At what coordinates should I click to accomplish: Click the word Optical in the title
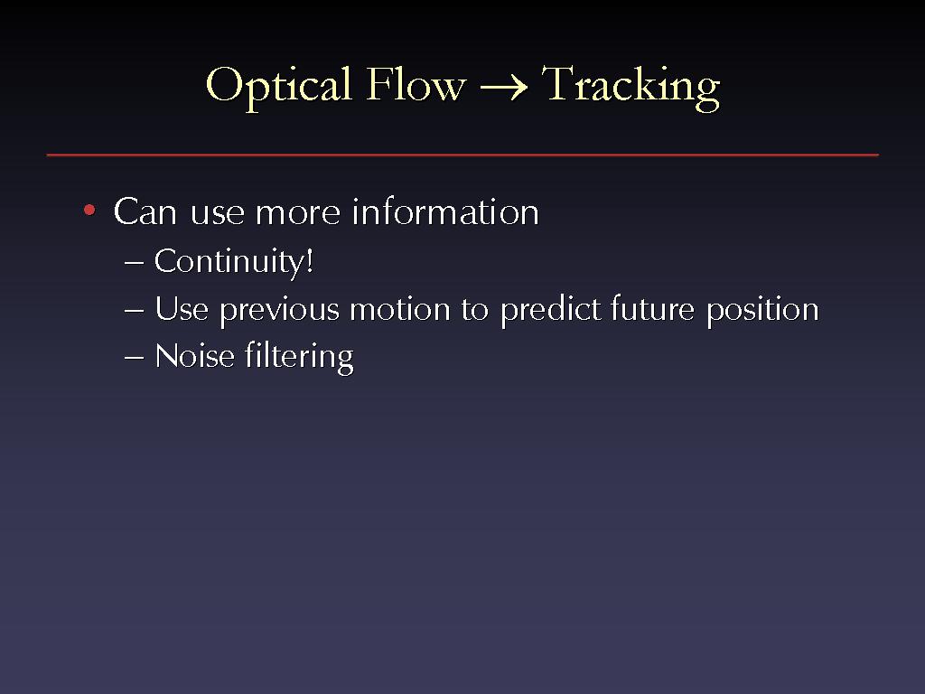coord(278,87)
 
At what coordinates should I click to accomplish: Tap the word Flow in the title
coord(416,84)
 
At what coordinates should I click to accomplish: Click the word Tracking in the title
coord(631,88)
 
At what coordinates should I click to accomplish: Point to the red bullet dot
coord(89,210)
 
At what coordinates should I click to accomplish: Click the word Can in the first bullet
coord(145,211)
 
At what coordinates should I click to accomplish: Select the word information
coord(445,211)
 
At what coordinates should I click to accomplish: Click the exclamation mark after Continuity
coord(309,260)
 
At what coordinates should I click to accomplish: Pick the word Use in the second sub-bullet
coord(182,309)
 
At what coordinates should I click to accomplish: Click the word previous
coord(280,311)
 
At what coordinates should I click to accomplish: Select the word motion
coord(400,309)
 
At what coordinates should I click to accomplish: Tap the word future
coord(652,309)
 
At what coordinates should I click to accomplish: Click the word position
coord(762,311)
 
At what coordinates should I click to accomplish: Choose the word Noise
coord(195,356)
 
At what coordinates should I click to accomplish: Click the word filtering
coord(299,358)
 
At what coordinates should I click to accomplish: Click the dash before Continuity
coord(134,263)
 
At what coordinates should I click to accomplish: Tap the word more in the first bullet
coord(298,213)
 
